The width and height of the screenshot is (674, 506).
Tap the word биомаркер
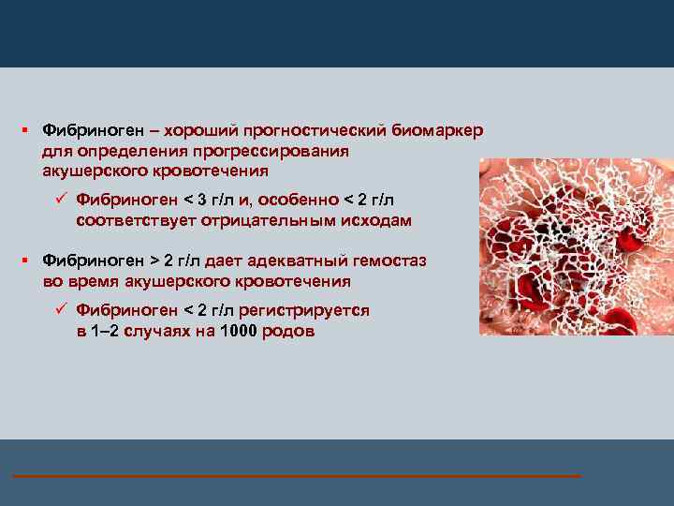438,131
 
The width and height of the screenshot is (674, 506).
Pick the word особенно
298,200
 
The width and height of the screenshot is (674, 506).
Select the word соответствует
131,220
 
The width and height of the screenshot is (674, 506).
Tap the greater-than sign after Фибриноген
154,260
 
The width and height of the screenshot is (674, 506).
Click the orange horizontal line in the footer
296,477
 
